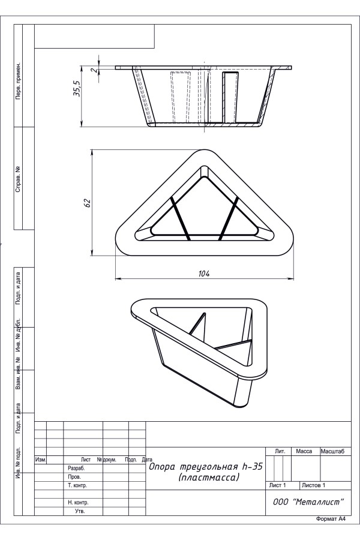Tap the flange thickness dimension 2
click(93, 70)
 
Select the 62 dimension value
click(87, 203)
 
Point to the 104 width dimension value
click(204, 274)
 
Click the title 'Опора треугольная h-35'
click(206, 467)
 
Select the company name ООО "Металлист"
click(308, 502)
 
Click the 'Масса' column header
click(304, 451)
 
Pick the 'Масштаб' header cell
click(332, 451)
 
